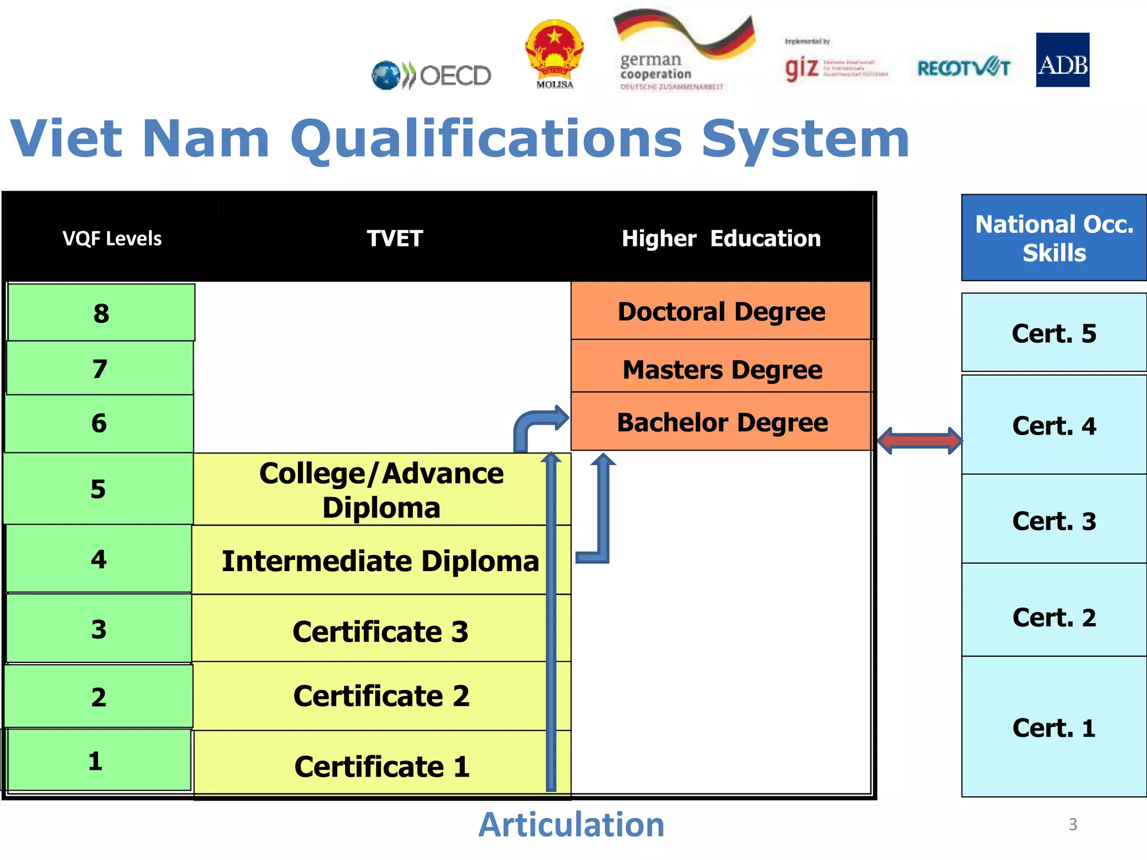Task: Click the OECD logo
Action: click(431, 75)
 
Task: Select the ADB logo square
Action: click(1062, 60)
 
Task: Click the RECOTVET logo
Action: click(963, 68)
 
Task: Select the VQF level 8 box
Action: click(101, 312)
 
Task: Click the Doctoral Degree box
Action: click(721, 311)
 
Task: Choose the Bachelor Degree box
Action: click(721, 422)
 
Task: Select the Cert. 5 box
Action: click(1053, 333)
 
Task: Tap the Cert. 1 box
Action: click(1053, 727)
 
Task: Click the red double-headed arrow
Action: click(920, 441)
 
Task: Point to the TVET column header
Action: click(394, 238)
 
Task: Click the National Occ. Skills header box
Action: click(1053, 238)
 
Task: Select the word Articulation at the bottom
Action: click(571, 824)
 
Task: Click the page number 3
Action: click(1073, 824)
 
